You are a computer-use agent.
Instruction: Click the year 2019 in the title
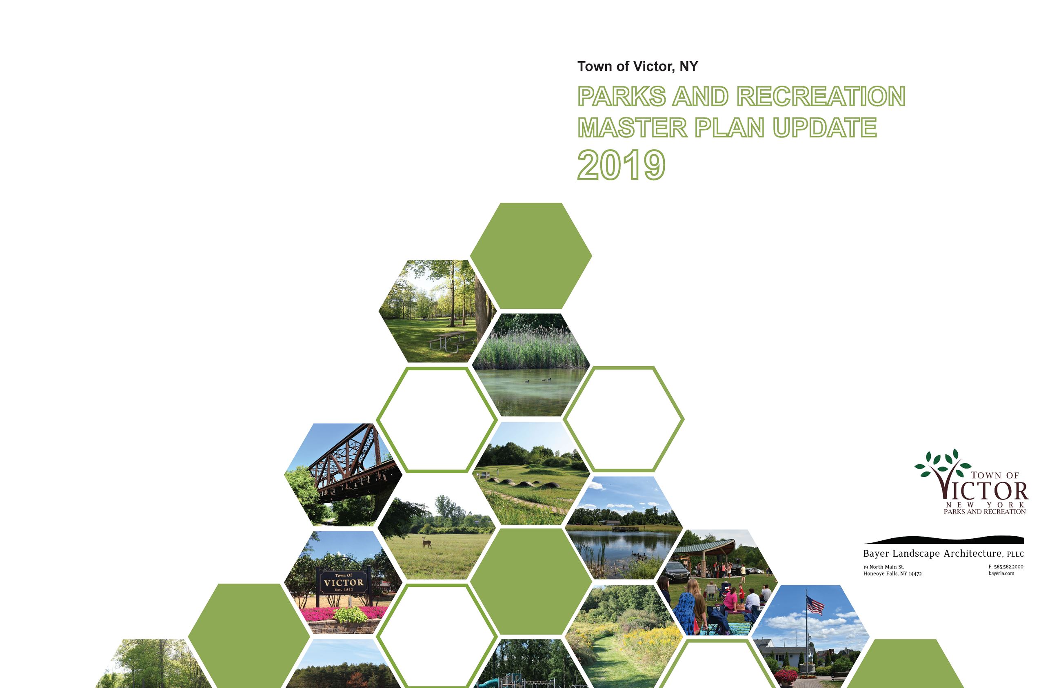coord(621,165)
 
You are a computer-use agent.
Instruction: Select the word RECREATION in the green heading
coord(821,97)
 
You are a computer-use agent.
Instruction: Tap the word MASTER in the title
coord(633,128)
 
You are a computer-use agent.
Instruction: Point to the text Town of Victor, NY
coord(637,67)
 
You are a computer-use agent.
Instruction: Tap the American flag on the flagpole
coord(815,606)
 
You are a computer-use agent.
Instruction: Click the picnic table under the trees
coord(448,341)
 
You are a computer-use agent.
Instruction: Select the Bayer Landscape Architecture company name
coord(943,554)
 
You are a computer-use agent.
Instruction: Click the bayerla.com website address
coord(1001,573)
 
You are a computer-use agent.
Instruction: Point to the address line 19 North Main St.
coord(884,567)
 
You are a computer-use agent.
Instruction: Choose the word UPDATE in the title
coord(825,128)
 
